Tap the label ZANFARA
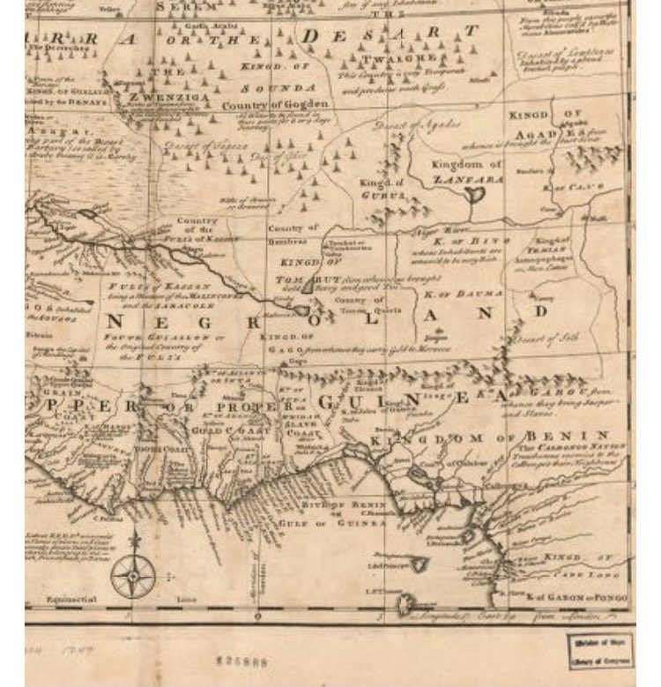[x=467, y=178]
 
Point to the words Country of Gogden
[x=262, y=106]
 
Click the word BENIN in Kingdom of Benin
[x=576, y=436]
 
